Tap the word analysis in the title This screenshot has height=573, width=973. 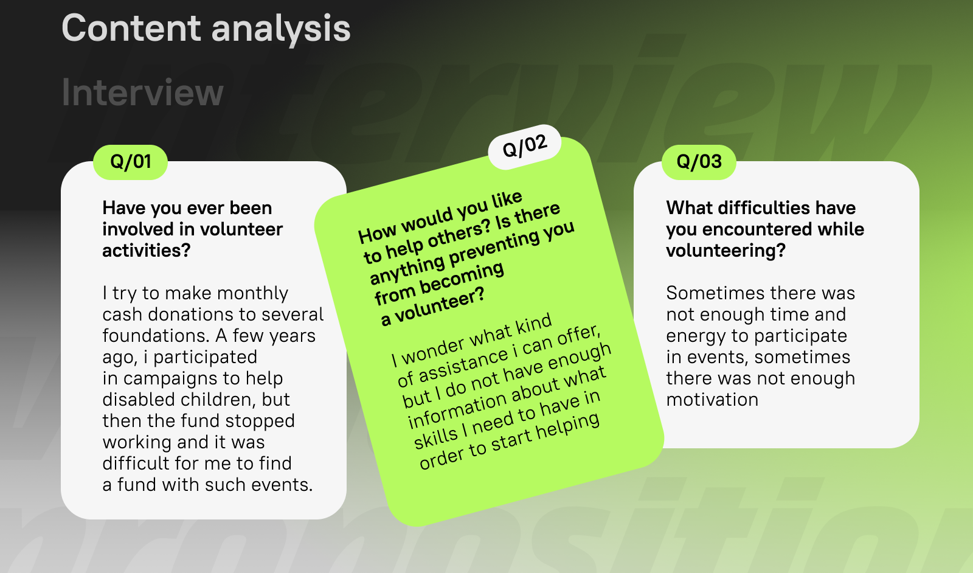point(280,30)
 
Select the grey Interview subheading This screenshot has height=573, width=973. point(142,92)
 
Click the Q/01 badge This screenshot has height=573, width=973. point(130,162)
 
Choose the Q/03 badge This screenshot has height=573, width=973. point(699,162)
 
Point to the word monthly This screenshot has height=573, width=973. point(252,294)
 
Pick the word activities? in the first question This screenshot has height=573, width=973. point(147,251)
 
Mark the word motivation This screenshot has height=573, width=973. point(712,400)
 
